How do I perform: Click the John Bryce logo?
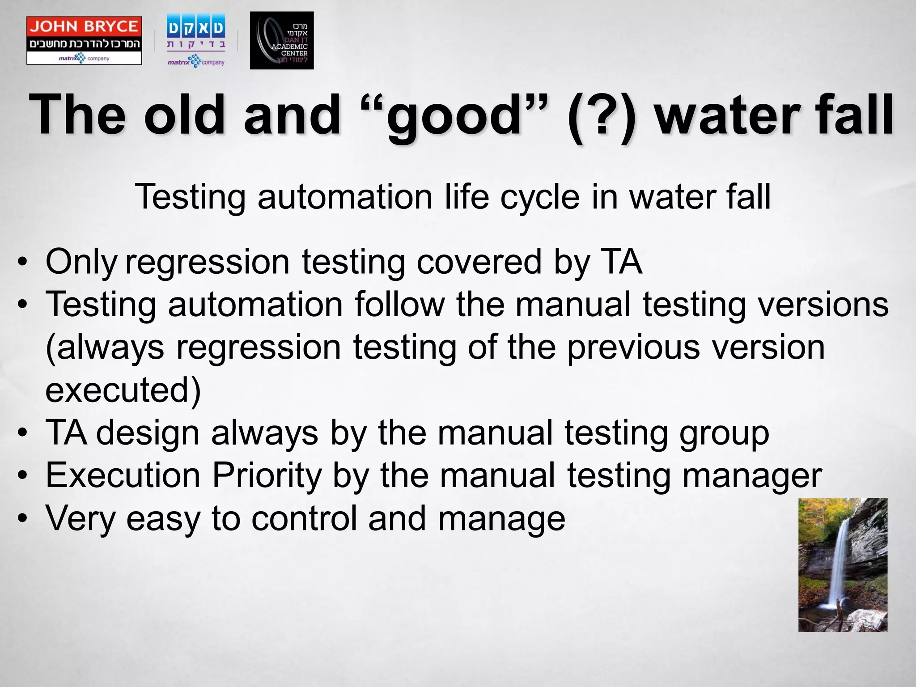point(84,41)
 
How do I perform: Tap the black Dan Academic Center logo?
point(281,41)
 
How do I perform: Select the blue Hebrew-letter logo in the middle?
point(196,41)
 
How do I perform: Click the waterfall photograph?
point(843,565)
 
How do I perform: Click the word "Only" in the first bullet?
point(81,263)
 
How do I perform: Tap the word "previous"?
point(633,348)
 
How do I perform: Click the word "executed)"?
point(123,390)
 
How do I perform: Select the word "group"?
point(724,433)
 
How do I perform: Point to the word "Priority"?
point(267,476)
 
